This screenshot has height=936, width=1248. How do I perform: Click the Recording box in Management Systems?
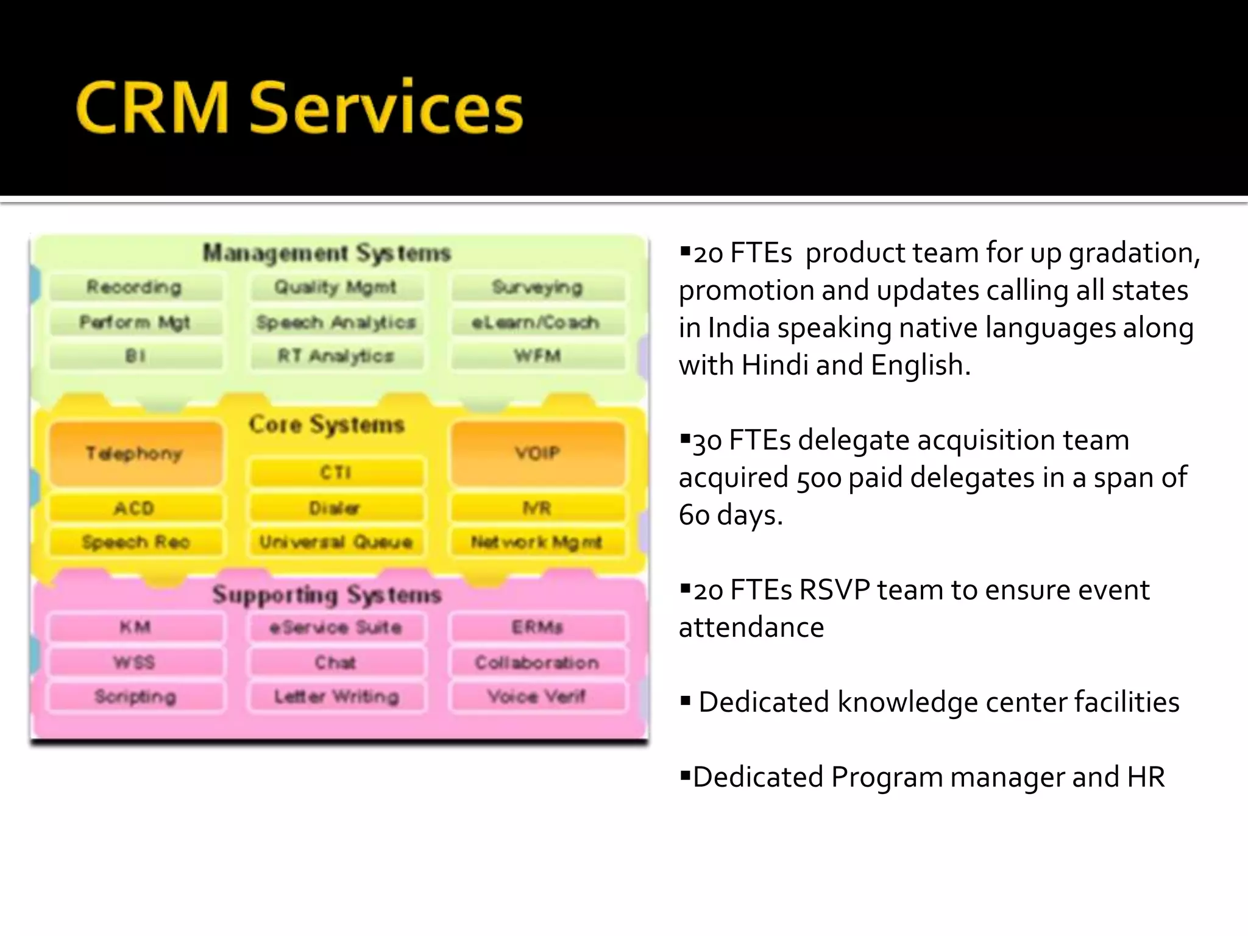[135, 287]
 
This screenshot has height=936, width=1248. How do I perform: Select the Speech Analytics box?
[336, 322]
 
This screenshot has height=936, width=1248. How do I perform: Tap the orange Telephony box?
[135, 453]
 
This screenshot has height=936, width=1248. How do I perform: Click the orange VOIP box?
[537, 453]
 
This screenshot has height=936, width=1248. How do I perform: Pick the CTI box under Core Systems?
[336, 472]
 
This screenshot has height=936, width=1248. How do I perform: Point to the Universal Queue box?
[336, 542]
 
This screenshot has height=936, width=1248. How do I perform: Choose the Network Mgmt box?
[537, 542]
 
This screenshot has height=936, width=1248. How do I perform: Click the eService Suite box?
[336, 627]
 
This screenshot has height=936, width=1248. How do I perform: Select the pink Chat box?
[336, 662]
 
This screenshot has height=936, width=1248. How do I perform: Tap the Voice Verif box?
[537, 696]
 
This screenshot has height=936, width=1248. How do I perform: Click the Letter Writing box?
[336, 696]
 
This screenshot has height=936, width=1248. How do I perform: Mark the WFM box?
[537, 356]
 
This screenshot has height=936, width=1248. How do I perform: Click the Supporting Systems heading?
[327, 595]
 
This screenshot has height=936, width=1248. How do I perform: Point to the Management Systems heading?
[327, 252]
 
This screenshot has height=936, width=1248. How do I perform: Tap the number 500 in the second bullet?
[819, 478]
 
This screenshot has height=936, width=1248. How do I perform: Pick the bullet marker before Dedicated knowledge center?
[686, 702]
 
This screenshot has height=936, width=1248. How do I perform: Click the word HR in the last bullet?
[1146, 777]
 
